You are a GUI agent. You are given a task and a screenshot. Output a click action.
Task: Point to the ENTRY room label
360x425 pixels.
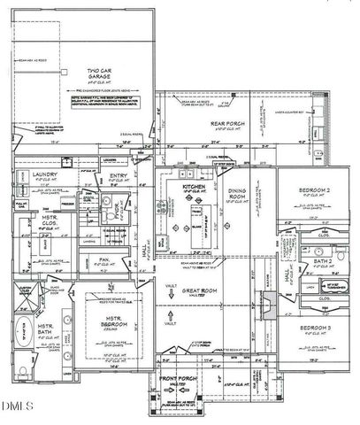pyautogui.click(x=119, y=175)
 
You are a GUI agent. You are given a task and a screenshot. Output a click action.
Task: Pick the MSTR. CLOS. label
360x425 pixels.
pyautogui.click(x=50, y=217)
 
